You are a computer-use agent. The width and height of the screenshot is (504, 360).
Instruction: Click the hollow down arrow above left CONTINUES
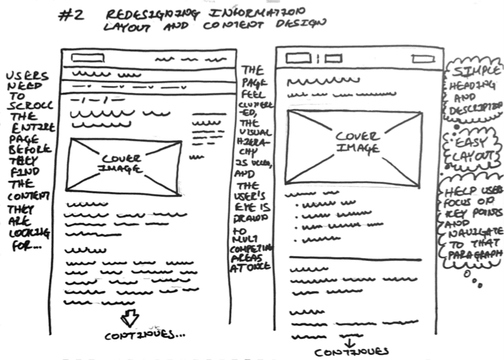(129, 318)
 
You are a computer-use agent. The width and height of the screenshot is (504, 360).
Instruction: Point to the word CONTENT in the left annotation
(23, 197)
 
